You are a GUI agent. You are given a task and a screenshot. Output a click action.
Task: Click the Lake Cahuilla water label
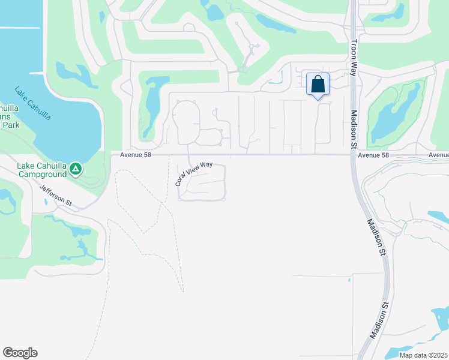click(x=33, y=104)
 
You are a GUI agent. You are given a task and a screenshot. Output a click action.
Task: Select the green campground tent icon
click(x=76, y=170)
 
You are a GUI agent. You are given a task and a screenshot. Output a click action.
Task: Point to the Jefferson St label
click(x=56, y=196)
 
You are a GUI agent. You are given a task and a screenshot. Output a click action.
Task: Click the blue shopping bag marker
click(x=318, y=84)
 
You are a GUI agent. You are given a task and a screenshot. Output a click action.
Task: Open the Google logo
click(x=20, y=353)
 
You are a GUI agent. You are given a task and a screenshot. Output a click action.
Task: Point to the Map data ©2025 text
click(x=424, y=355)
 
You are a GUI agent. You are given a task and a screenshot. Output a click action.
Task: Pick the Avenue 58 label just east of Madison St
click(x=375, y=155)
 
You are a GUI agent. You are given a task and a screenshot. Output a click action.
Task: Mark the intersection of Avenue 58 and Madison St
click(x=354, y=155)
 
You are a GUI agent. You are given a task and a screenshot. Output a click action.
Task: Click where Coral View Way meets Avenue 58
click(x=190, y=155)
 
